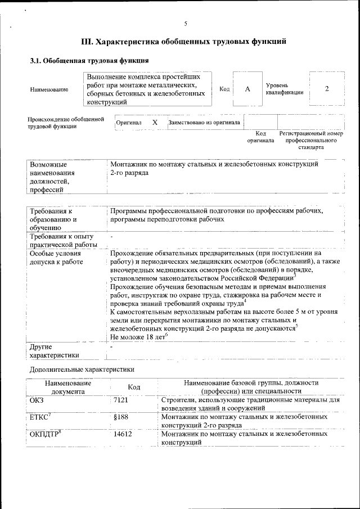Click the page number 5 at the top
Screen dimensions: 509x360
point(186,23)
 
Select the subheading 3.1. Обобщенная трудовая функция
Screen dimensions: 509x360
point(89,61)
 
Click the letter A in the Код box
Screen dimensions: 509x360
point(247,89)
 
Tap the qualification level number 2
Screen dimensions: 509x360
point(327,89)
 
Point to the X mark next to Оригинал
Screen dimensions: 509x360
point(155,122)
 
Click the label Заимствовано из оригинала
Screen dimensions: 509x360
point(204,122)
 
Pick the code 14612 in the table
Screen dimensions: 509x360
point(123,434)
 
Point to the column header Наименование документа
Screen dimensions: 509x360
point(67,387)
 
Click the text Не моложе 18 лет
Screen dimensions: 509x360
point(139,336)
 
